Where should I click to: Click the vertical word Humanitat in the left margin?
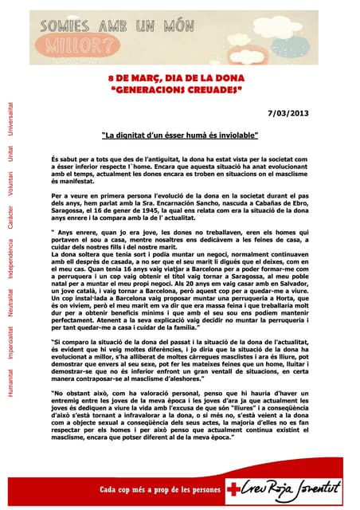tap(10, 398)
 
